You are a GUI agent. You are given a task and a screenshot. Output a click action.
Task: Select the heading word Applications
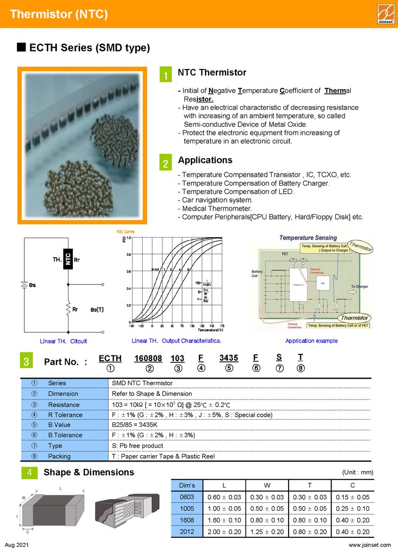(x=205, y=160)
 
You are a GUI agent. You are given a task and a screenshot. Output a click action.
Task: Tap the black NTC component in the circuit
(x=68, y=258)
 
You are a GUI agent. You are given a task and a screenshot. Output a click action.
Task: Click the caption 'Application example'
(x=311, y=341)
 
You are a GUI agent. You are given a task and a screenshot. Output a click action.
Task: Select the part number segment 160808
(x=148, y=359)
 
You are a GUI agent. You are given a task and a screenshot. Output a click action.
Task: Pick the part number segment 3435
(x=229, y=359)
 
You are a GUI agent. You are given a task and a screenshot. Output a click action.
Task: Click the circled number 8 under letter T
(x=300, y=369)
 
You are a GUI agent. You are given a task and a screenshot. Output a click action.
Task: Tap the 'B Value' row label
(x=59, y=425)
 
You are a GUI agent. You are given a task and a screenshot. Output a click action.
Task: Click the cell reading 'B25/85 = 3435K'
(x=135, y=425)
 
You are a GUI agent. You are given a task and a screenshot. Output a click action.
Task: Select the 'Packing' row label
(x=59, y=456)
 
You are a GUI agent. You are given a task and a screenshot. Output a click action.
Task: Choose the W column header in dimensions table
(x=267, y=485)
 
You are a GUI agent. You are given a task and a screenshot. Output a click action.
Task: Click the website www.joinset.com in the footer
(x=369, y=545)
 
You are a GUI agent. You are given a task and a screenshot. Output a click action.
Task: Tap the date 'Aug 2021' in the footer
(x=17, y=545)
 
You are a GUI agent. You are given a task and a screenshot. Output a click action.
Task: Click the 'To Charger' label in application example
(x=359, y=286)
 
